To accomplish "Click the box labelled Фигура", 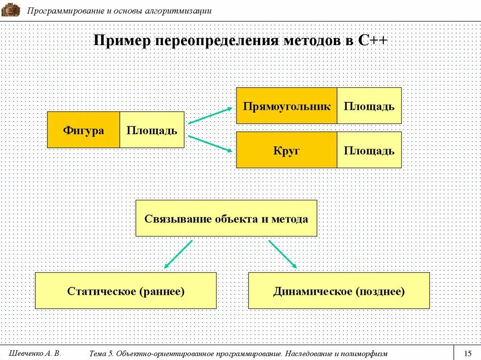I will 84,130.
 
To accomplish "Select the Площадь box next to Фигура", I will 152,130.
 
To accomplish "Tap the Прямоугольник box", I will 287,106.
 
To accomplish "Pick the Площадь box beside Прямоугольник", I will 369,106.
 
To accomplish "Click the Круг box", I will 287,150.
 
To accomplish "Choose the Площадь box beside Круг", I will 369,150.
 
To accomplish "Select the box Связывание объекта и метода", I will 226,218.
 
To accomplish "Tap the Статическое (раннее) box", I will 126,291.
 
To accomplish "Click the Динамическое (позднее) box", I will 339,291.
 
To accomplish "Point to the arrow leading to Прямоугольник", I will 210,115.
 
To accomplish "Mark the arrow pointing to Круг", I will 210,144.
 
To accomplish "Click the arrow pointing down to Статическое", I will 178,254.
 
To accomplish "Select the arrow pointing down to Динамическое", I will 283,254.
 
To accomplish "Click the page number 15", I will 467,353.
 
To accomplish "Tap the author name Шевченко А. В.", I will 35,353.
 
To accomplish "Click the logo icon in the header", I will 10,9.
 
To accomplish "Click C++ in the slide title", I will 372,40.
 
